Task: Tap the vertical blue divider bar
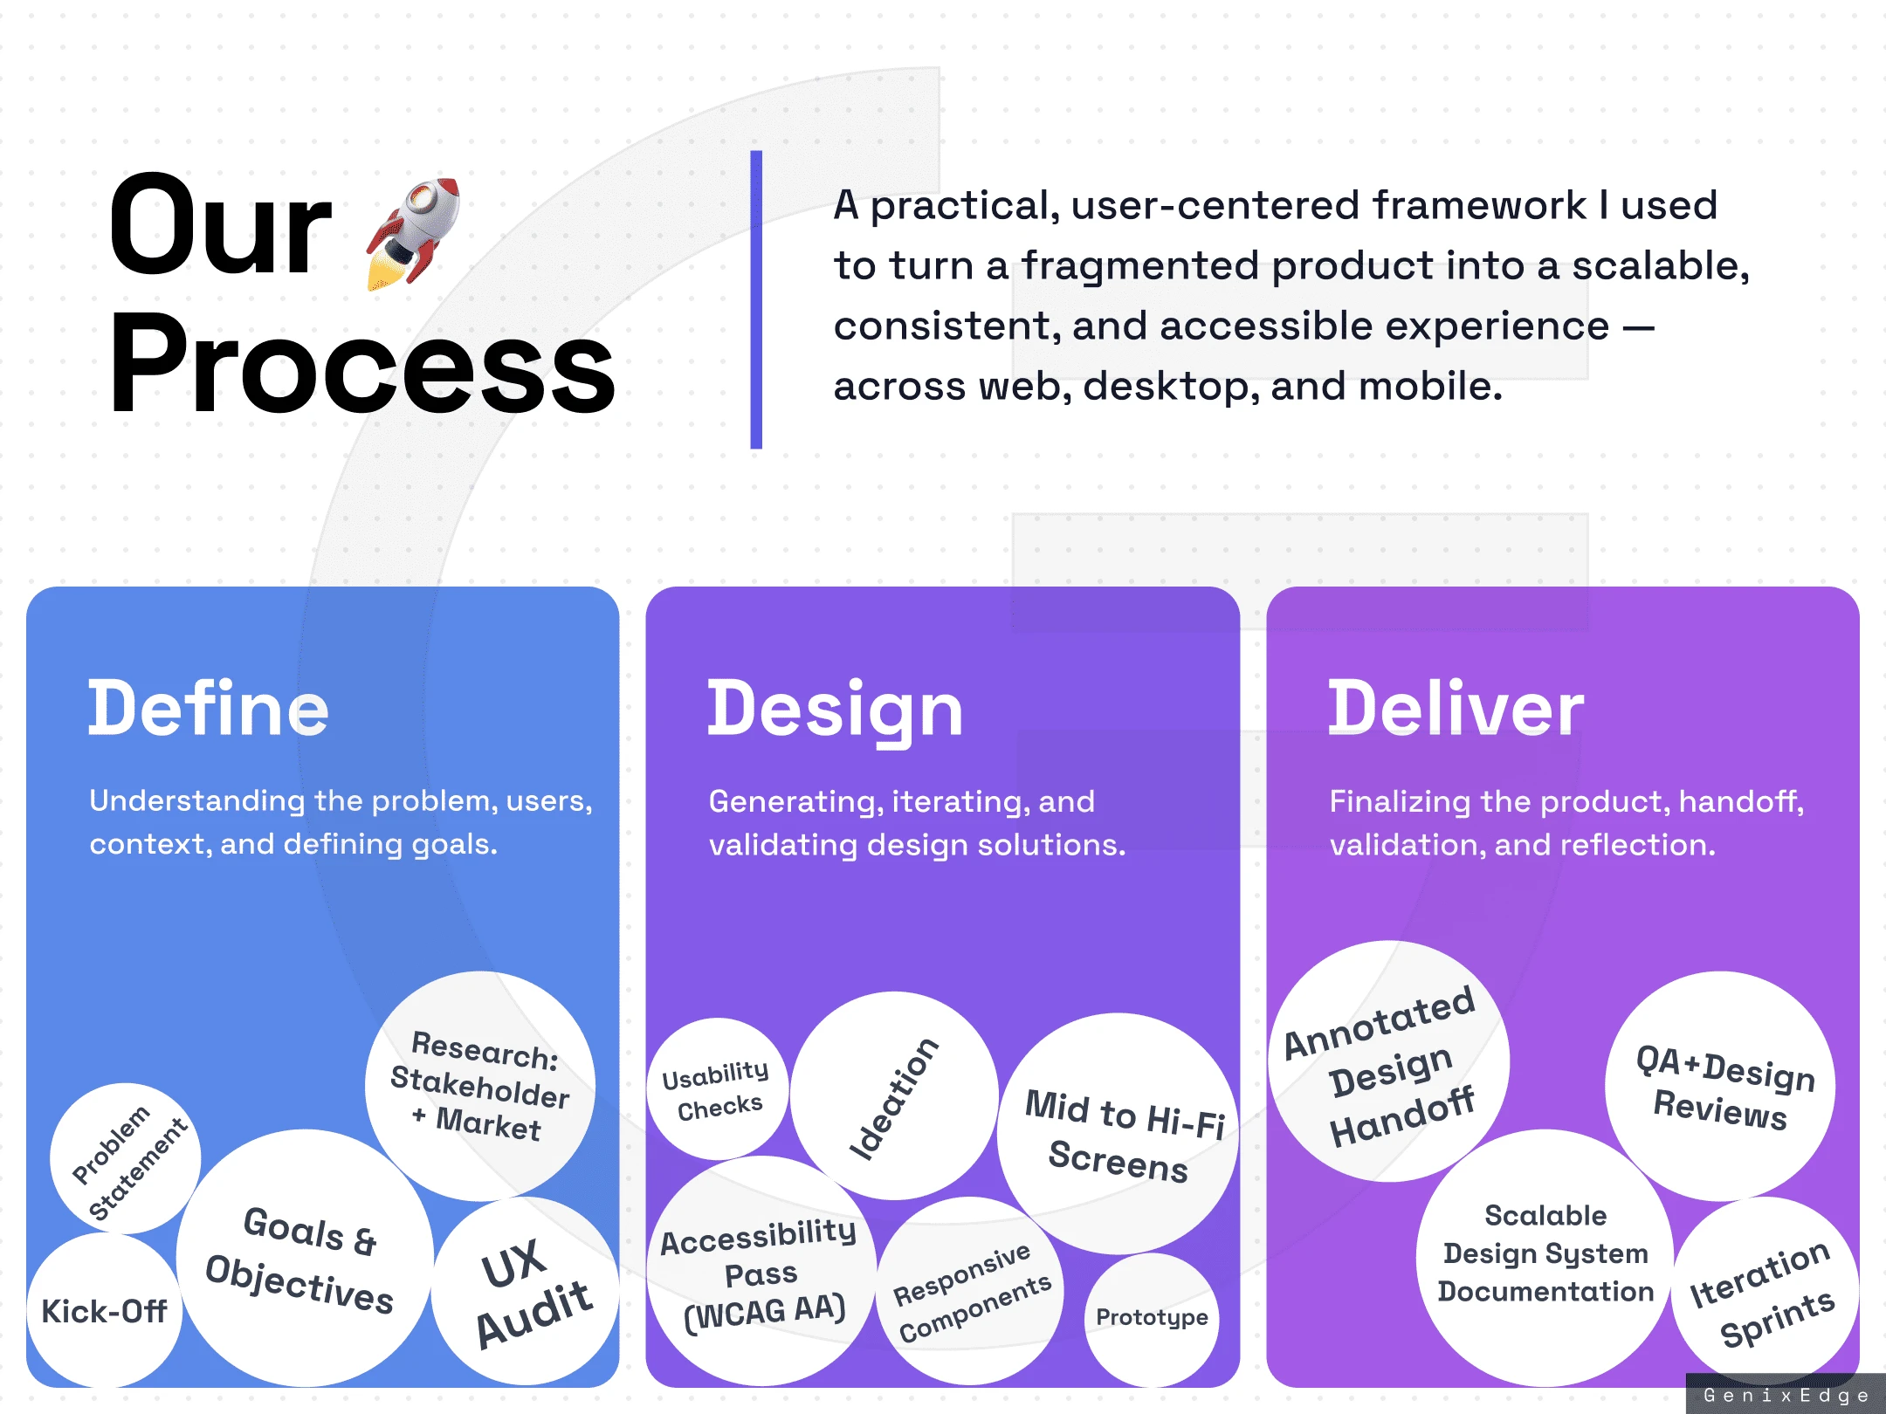[x=756, y=299]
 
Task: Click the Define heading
[x=209, y=708]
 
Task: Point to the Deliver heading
[x=1456, y=708]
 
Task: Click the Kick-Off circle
[x=105, y=1310]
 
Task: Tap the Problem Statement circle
[x=126, y=1159]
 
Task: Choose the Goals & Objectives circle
[x=305, y=1258]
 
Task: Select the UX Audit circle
[x=527, y=1291]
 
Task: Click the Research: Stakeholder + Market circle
[x=480, y=1087]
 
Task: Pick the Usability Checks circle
[x=718, y=1089]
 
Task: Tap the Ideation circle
[x=894, y=1095]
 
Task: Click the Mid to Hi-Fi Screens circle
[x=1119, y=1134]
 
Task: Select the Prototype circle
[x=1152, y=1319]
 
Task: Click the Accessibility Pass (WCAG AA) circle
[x=761, y=1271]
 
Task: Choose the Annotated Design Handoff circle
[x=1389, y=1061]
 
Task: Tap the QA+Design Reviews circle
[x=1720, y=1087]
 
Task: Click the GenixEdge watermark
[x=1786, y=1395]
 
